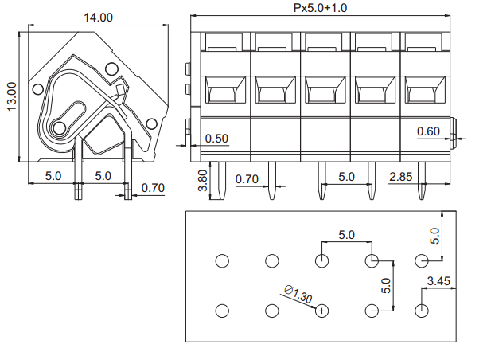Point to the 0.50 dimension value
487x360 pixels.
coord(216,139)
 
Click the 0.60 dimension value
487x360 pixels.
coord(428,131)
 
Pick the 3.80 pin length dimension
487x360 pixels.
coord(202,181)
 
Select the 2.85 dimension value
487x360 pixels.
coord(402,176)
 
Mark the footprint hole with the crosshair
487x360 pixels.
coord(322,311)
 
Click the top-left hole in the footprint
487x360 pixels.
coord(222,260)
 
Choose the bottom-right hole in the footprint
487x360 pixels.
coord(422,311)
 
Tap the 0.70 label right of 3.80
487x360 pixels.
coord(247,179)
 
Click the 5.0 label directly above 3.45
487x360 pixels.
coord(434,236)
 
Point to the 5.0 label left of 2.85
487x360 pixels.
coord(346,176)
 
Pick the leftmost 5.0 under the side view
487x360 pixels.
coord(53,175)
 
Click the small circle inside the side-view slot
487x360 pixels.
coord(58,127)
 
